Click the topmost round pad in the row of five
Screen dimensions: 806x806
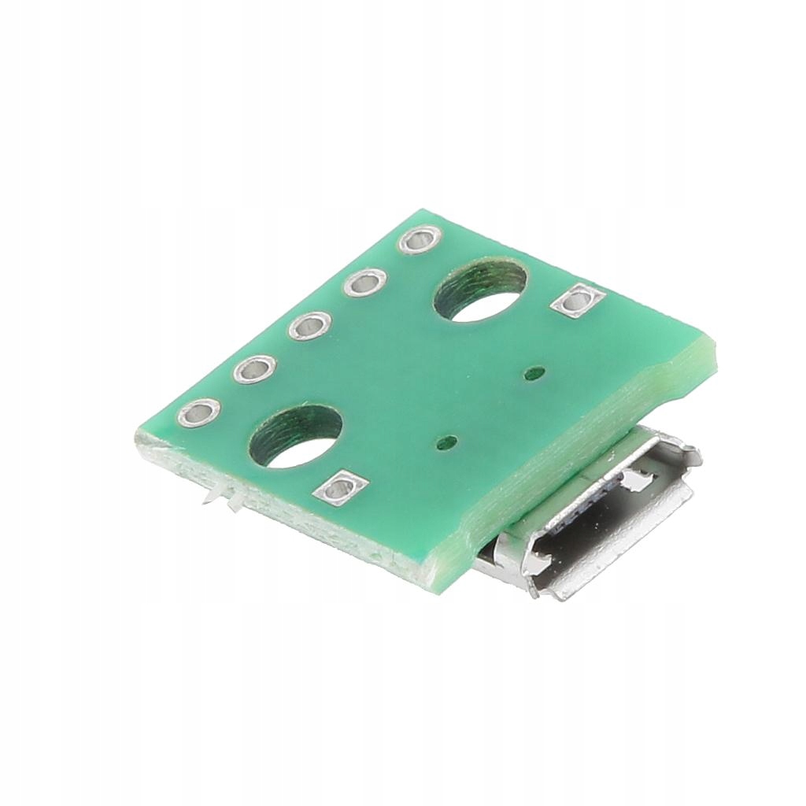(x=420, y=239)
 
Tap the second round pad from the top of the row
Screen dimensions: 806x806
(x=364, y=282)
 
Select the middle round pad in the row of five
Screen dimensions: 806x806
(x=309, y=325)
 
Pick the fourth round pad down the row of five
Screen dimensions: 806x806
(x=254, y=368)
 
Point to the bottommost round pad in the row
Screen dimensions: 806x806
(x=198, y=412)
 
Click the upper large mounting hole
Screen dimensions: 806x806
(x=480, y=292)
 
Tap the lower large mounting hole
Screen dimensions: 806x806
(x=295, y=436)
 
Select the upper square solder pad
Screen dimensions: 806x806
(x=579, y=300)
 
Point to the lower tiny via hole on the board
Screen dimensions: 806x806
(x=449, y=442)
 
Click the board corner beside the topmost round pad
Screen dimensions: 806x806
(x=425, y=211)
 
